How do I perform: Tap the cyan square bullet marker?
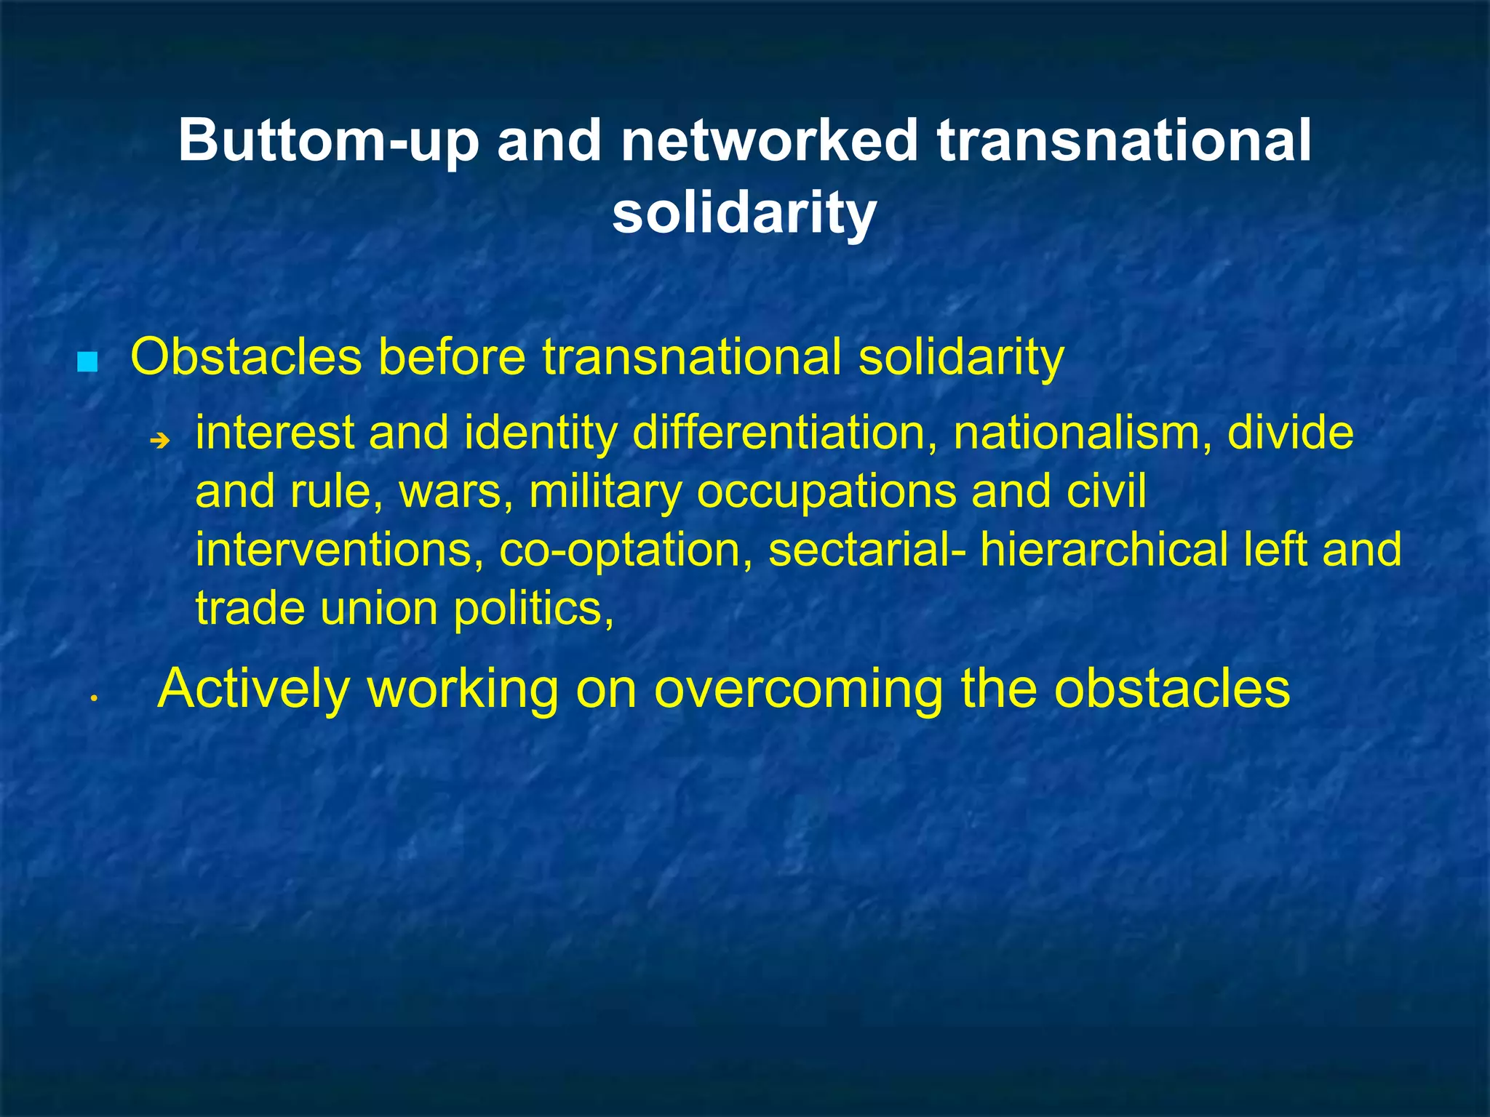click(87, 361)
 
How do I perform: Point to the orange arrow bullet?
click(159, 440)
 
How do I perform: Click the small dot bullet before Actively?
click(94, 699)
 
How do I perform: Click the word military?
click(605, 492)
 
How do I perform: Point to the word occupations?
click(826, 493)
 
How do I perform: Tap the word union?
click(379, 608)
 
